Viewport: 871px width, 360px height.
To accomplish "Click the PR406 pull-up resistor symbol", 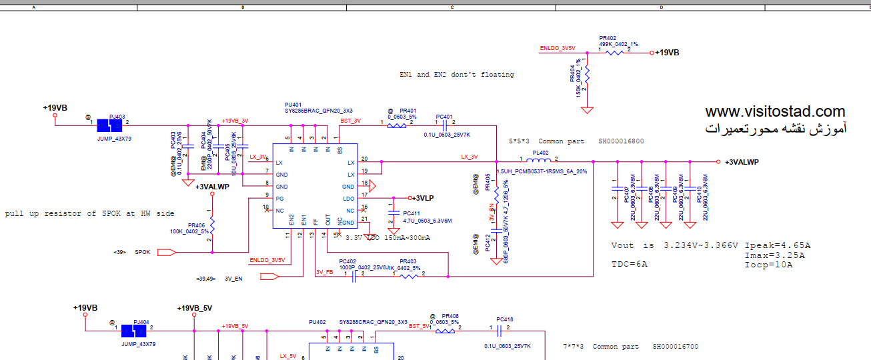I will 211,226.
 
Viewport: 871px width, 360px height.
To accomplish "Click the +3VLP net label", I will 421,198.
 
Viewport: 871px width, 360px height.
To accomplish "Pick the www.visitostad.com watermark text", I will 775,112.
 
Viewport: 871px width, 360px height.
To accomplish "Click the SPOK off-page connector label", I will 143,253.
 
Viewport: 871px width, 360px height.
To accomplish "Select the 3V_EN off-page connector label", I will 233,279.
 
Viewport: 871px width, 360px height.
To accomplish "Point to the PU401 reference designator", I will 293,105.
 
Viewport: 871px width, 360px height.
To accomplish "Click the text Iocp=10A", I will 768,265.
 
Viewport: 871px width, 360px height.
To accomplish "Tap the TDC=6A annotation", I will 629,264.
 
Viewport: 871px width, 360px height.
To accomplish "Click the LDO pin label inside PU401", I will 348,199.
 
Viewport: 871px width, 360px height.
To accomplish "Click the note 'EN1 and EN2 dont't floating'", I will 457,75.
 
